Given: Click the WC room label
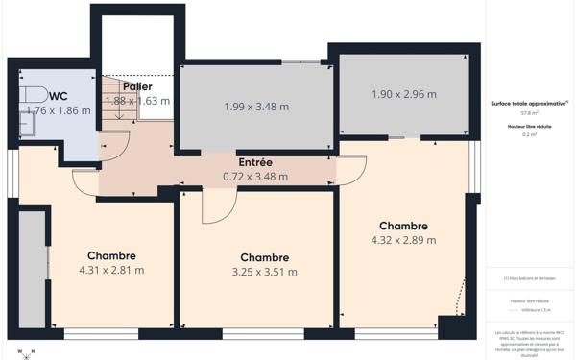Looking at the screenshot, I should pyautogui.click(x=58, y=96).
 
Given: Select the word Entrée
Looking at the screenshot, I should pyautogui.click(x=255, y=162).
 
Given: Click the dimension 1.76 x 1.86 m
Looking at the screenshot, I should pyautogui.click(x=59, y=110).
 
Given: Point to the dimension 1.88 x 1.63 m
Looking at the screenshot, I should pyautogui.click(x=137, y=100).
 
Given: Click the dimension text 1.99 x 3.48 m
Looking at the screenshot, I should pyautogui.click(x=256, y=107).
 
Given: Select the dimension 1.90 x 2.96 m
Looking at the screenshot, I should pyautogui.click(x=403, y=94).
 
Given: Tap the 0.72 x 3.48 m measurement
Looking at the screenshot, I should pyautogui.click(x=255, y=177).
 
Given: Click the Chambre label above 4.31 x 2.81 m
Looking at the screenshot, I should pyautogui.click(x=111, y=255).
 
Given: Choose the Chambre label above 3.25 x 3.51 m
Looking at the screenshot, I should pyautogui.click(x=265, y=257).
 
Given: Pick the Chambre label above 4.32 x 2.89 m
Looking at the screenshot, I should pyautogui.click(x=403, y=226).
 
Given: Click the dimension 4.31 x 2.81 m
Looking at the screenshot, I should pyautogui.click(x=111, y=270).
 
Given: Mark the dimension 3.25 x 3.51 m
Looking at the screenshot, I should pyautogui.click(x=265, y=272).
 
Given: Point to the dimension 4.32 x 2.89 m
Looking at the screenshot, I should pyautogui.click(x=403, y=240).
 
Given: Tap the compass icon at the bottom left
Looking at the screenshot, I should pyautogui.click(x=25, y=351).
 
